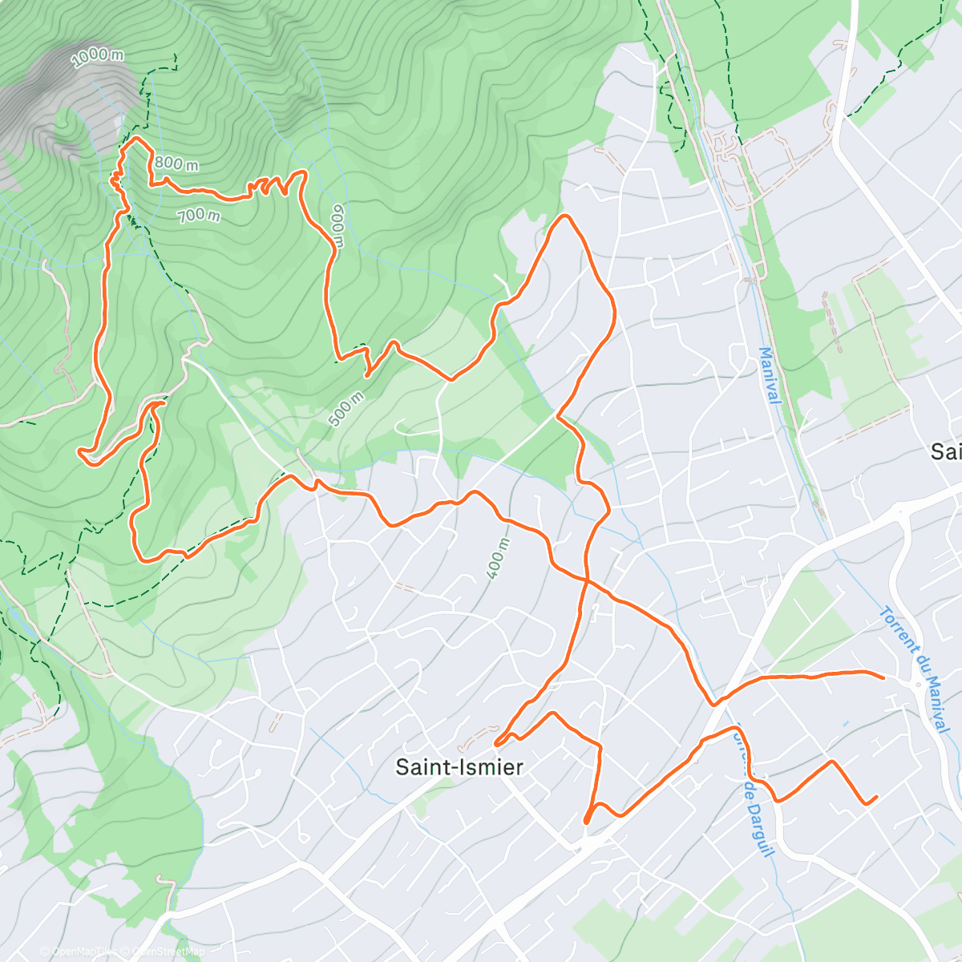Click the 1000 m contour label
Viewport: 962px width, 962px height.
click(x=98, y=57)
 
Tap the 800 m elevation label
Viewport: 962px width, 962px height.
click(x=176, y=164)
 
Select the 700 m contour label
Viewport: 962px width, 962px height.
click(x=198, y=215)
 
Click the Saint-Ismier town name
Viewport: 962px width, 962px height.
click(x=459, y=767)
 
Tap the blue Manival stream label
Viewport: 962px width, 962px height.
click(x=769, y=375)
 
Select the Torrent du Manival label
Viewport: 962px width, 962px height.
click(x=915, y=669)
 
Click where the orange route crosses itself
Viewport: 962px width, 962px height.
click(x=586, y=580)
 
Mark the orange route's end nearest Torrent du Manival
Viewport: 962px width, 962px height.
click(x=883, y=677)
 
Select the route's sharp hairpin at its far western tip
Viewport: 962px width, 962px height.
click(x=80, y=453)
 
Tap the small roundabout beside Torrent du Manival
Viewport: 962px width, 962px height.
click(x=917, y=684)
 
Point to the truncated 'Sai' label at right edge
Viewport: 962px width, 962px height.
click(x=946, y=452)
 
